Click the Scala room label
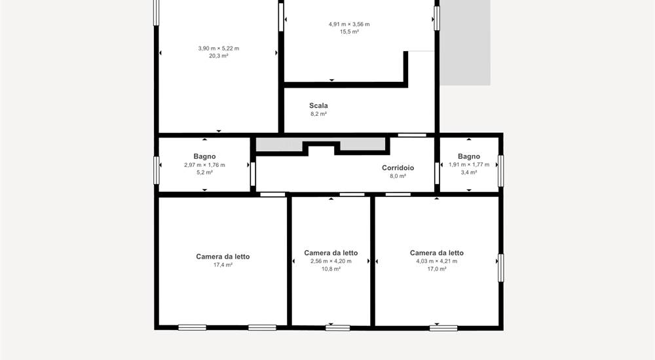coord(318,105)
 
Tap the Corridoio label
coord(398,168)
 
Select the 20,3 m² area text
coord(219,56)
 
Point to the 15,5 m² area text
coord(349,31)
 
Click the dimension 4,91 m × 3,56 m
coord(349,24)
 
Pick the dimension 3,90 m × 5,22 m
coord(219,48)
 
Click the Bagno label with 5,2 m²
coord(204,156)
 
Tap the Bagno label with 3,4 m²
coord(469,156)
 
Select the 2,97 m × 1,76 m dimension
coord(204,165)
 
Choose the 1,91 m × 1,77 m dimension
coord(469,164)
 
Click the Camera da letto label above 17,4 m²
coord(223,257)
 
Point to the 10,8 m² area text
coord(331,269)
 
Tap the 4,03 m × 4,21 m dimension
coord(436,261)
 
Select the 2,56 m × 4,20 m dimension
coord(331,261)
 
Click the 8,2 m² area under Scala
coord(318,114)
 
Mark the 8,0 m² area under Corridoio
coord(398,176)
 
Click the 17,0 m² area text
coord(436,269)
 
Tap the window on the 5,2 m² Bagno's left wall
coord(157,170)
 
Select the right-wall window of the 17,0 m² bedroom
coord(501,268)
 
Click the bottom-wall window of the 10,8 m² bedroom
coord(337,328)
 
